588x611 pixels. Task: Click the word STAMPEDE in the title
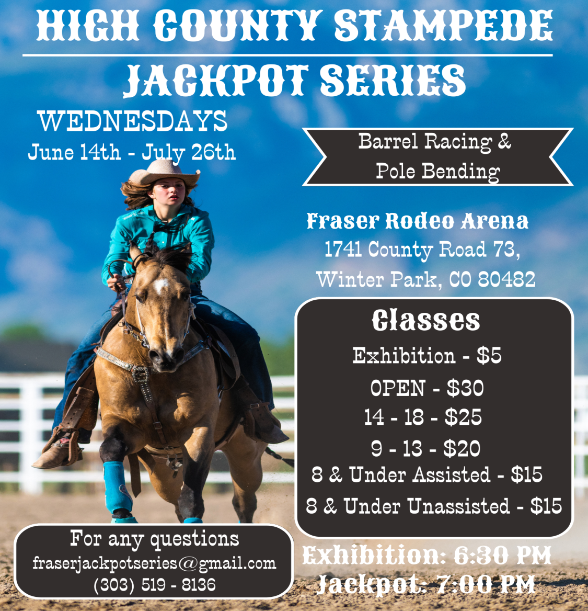tap(443, 25)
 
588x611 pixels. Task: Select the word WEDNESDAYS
tap(133, 121)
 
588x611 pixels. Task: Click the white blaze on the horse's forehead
tap(162, 285)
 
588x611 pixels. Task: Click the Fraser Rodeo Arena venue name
tap(417, 221)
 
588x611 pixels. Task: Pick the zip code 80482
tap(506, 279)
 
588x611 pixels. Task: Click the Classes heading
tap(426, 320)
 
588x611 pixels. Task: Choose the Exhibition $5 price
tap(489, 356)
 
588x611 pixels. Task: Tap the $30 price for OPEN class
tap(465, 388)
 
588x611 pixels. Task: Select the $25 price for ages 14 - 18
tap(463, 417)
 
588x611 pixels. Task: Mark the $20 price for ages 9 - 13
tap(462, 448)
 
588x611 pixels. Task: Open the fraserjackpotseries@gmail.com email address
tap(154, 563)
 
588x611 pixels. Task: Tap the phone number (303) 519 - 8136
tap(154, 584)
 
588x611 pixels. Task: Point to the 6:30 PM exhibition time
tap(502, 555)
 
